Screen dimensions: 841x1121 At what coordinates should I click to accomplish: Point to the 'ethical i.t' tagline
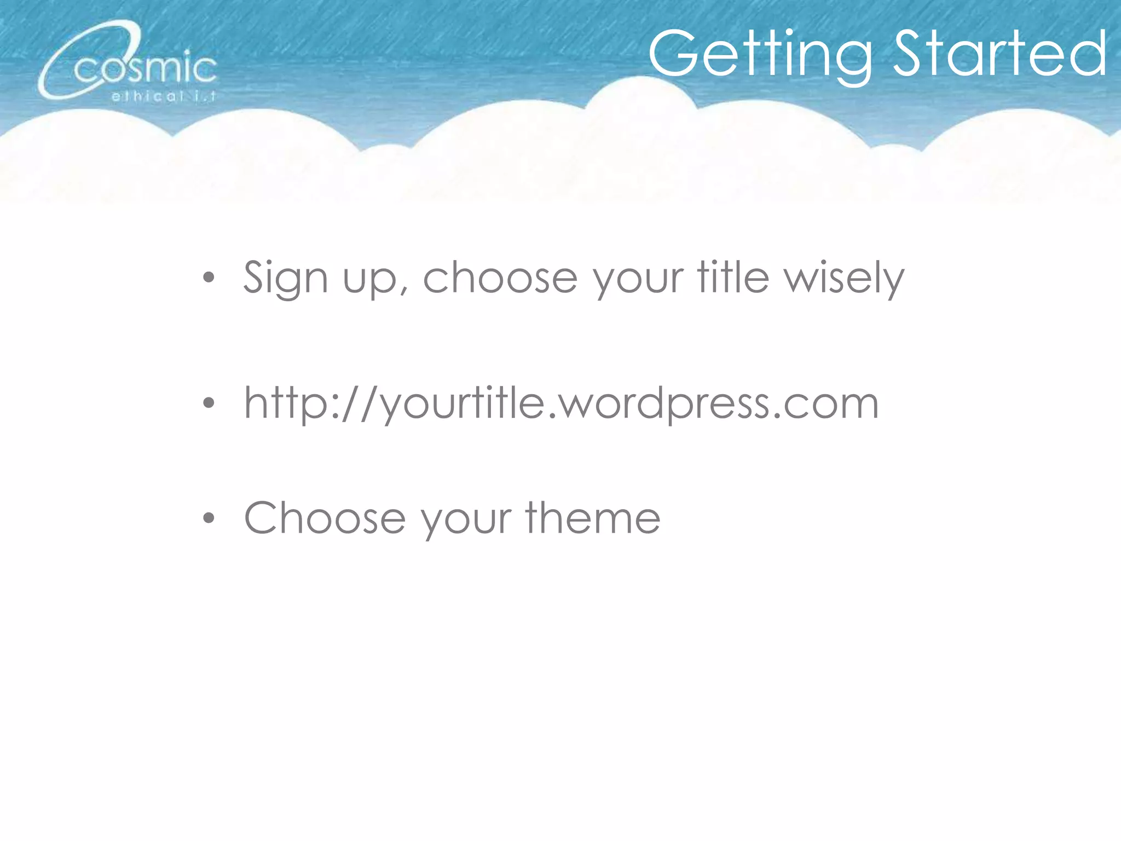pyautogui.click(x=164, y=97)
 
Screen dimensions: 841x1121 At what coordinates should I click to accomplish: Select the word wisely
pyautogui.click(x=843, y=278)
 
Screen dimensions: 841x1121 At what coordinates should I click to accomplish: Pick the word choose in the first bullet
pyautogui.click(x=500, y=277)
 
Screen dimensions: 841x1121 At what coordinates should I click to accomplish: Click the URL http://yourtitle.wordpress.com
pyautogui.click(x=561, y=404)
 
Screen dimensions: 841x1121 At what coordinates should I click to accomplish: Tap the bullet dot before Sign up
pyautogui.click(x=209, y=278)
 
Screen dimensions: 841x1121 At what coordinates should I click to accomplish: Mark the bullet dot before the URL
pyautogui.click(x=209, y=404)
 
